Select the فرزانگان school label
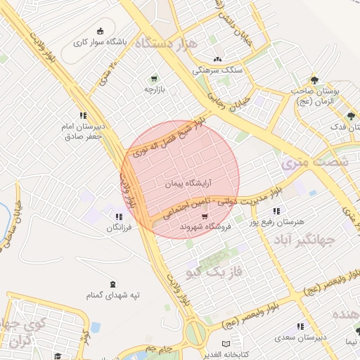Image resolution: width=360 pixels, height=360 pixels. (118, 228)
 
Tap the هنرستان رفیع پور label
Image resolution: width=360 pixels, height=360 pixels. (279, 221)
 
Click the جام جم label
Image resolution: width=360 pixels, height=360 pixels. (160, 348)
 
